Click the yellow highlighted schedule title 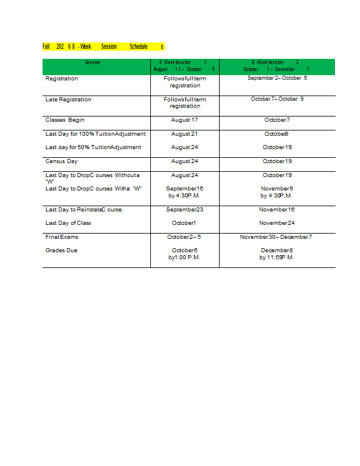point(103,47)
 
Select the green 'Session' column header point(93,62)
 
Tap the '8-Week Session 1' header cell point(184,65)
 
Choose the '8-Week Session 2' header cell point(276,65)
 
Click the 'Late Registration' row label point(68,100)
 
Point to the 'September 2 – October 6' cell point(277,78)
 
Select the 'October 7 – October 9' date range point(277,99)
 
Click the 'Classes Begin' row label point(65,120)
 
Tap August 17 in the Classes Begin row point(185,120)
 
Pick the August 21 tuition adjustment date point(185,134)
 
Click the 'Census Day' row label point(61,161)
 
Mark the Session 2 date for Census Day point(277,161)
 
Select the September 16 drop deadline point(185,189)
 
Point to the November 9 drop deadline point(277,189)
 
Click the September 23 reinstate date point(185,209)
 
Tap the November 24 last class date point(277,223)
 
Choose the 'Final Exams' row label point(62,237)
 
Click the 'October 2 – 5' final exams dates point(184,237)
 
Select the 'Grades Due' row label point(61,250)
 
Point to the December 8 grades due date point(277,250)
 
